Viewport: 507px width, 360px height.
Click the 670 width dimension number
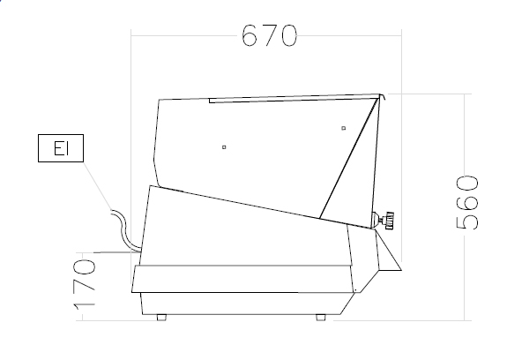click(269, 35)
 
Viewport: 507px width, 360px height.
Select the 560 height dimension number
click(467, 203)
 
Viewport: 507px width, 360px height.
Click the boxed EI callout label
click(61, 148)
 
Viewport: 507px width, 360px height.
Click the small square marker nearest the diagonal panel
click(343, 128)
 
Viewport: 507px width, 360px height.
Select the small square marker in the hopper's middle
click(224, 147)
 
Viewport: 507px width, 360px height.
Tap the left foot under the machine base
click(161, 318)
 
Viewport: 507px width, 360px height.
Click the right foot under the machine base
click(321, 318)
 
